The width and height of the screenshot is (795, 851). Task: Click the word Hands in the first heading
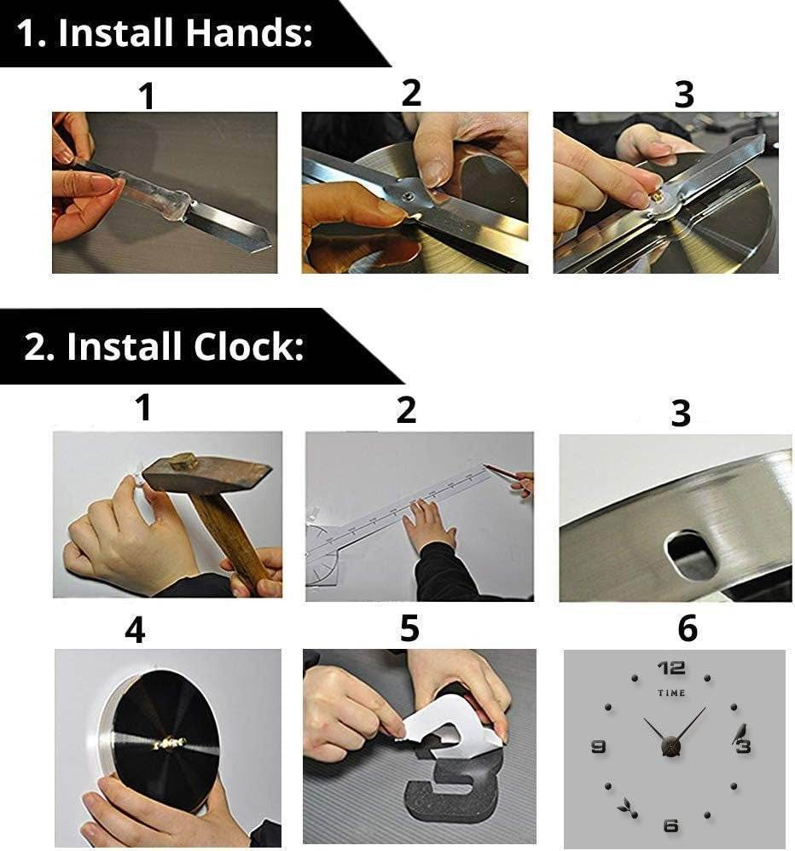click(248, 35)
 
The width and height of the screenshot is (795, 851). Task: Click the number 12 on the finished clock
click(671, 669)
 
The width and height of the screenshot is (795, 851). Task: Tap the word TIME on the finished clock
click(671, 693)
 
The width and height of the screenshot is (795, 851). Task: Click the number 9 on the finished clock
click(598, 747)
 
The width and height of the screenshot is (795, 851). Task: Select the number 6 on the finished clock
click(670, 825)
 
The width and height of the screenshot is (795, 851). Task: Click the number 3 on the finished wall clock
click(744, 747)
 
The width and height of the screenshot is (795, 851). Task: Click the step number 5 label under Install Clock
click(409, 629)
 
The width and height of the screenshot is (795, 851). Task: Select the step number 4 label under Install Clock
click(135, 631)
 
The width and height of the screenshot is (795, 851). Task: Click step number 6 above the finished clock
click(687, 629)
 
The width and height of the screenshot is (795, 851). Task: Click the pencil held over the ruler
click(503, 472)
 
